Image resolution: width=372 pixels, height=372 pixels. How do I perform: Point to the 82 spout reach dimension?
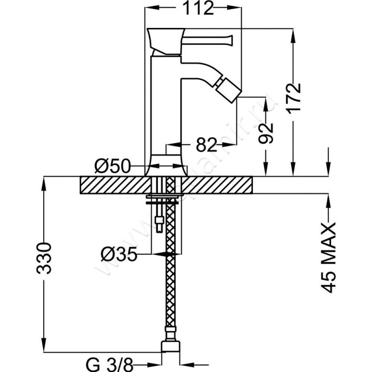206,145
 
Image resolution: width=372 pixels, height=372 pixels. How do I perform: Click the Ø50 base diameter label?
111,166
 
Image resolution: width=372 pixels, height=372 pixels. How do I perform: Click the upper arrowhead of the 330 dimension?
45,182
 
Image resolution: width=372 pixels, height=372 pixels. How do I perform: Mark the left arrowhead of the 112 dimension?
151,8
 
